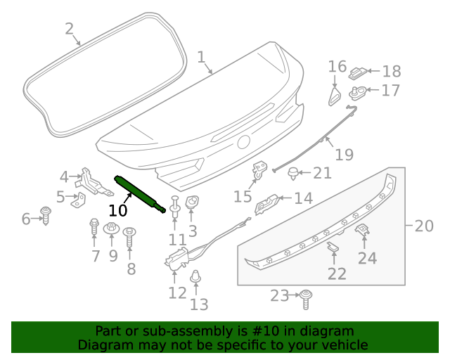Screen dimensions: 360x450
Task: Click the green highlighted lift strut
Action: click(x=141, y=193)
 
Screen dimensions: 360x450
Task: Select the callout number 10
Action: click(x=117, y=210)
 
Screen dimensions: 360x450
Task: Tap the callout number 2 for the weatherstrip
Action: click(x=69, y=29)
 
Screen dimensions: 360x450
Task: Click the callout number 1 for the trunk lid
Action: click(x=201, y=56)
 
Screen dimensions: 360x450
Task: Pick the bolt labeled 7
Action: click(x=94, y=228)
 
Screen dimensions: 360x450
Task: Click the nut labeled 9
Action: click(x=111, y=229)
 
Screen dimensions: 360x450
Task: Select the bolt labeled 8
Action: click(x=129, y=235)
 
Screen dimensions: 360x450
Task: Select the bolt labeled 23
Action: click(x=306, y=298)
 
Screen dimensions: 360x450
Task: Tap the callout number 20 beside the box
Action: click(x=424, y=226)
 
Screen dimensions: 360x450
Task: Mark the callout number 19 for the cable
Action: click(x=343, y=154)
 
